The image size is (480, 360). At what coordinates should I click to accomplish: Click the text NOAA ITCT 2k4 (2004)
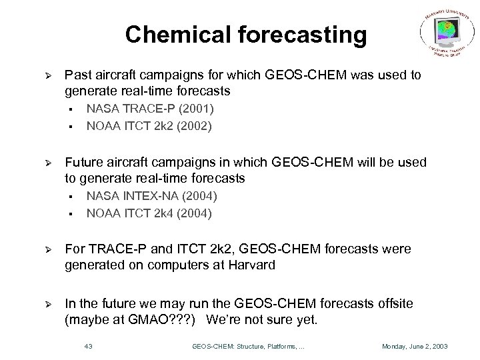coord(149,213)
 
